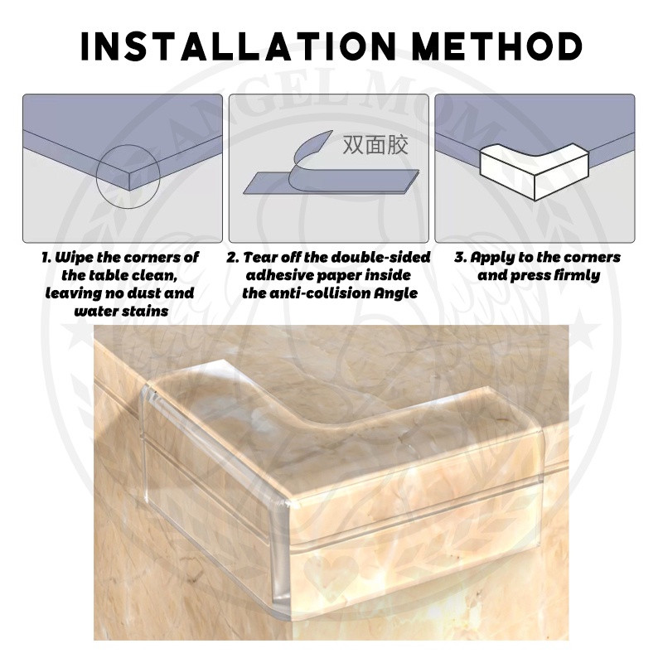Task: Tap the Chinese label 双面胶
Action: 375,145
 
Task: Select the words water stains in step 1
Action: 121,312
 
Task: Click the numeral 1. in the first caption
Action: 46,258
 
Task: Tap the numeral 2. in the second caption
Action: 233,258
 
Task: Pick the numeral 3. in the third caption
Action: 461,258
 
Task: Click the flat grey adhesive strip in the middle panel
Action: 331,181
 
